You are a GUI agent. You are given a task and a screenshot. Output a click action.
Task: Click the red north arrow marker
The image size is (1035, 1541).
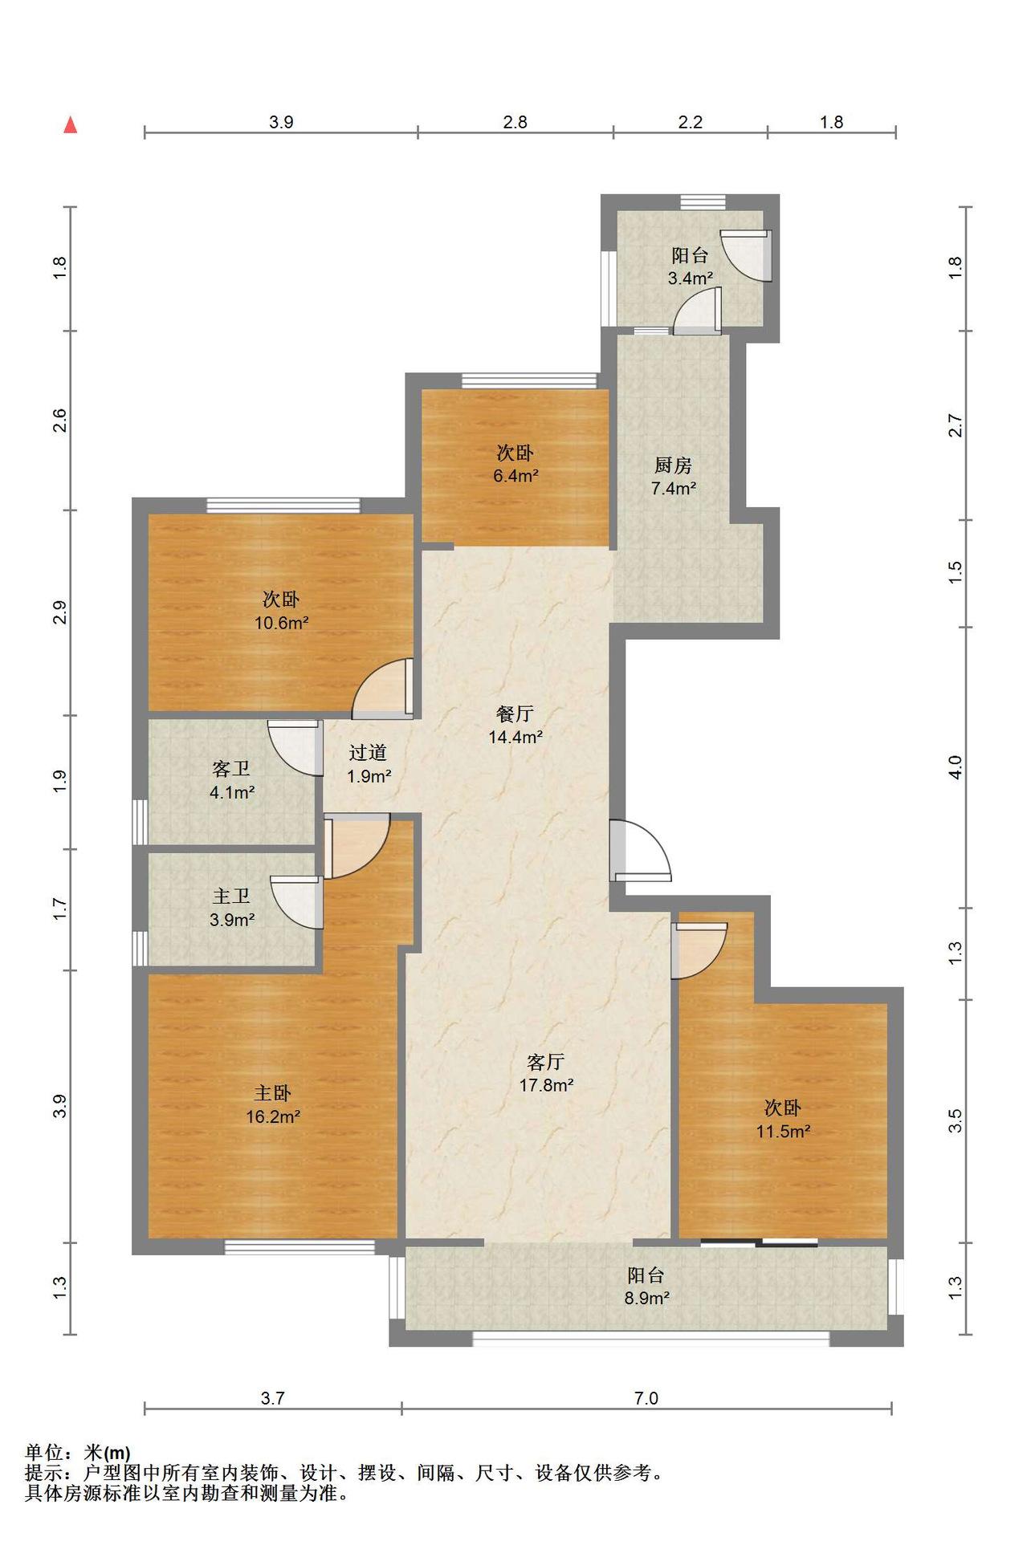coord(71,124)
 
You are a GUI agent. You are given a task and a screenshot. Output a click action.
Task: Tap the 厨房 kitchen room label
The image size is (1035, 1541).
coord(673,466)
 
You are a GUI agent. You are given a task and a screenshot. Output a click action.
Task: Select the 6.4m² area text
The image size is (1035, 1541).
coord(515,476)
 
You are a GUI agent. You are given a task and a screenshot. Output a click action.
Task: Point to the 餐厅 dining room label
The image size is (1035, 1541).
coord(515,714)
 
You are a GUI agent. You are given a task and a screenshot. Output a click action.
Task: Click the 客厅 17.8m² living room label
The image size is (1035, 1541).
coord(546,1074)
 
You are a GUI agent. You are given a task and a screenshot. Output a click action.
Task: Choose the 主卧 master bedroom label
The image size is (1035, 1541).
coord(273,1093)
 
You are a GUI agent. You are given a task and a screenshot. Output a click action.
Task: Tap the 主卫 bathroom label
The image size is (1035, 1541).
coord(231,897)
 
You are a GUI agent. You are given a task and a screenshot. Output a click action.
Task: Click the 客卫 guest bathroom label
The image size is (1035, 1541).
coord(231,769)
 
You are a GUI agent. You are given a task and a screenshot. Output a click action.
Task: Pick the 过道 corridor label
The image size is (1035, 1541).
coord(369,753)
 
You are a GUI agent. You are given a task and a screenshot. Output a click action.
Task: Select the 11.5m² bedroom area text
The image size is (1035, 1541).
coord(783,1132)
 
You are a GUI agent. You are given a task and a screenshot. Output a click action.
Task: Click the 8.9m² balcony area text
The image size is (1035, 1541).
coord(647,1298)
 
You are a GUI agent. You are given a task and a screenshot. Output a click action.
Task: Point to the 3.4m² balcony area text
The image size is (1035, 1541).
coord(691,279)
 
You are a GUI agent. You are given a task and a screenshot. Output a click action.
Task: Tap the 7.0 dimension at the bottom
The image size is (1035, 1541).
coord(646,1398)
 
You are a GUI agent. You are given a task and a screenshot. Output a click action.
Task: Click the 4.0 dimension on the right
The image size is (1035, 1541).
coord(955,767)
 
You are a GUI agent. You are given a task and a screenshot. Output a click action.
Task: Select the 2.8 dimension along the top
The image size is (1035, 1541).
coord(515,122)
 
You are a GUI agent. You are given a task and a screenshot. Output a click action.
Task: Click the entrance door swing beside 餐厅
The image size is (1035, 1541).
coord(640,850)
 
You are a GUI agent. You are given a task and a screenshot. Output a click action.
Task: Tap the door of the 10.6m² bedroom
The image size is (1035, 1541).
coord(383,688)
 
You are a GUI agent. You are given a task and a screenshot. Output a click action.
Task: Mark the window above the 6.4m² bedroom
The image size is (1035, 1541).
coord(529,380)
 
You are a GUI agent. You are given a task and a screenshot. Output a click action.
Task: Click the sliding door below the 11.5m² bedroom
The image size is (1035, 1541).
coord(759,1243)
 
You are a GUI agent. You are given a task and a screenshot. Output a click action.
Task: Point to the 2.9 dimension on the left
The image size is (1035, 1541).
coord(59,612)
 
